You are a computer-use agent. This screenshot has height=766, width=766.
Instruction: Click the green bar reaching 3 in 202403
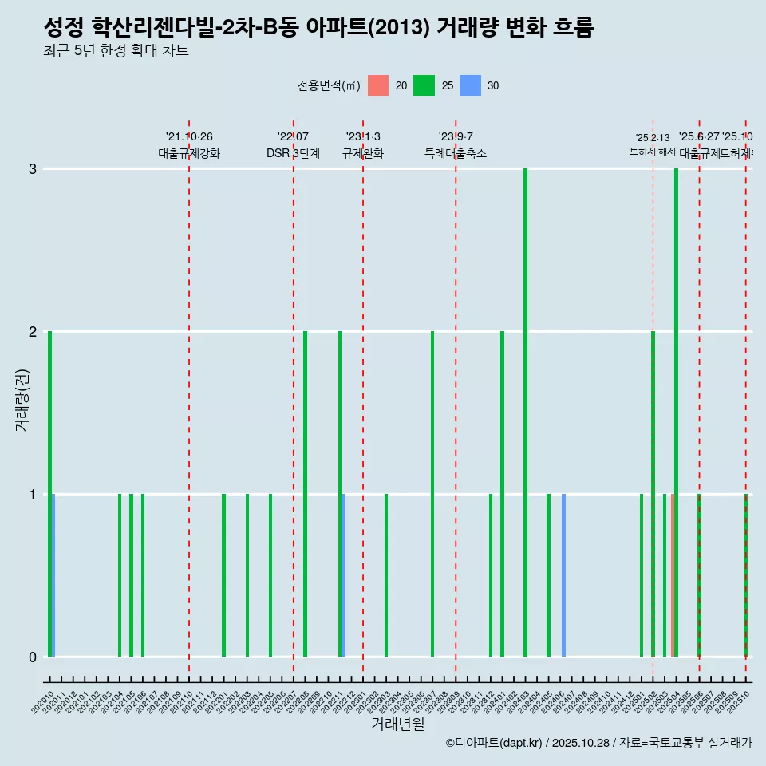525,413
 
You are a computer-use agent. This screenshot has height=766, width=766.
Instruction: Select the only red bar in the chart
673,575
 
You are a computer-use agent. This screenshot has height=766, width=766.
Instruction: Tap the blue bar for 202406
563,575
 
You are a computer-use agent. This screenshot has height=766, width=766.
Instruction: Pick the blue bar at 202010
53,575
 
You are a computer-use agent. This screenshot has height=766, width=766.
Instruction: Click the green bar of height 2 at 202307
432,494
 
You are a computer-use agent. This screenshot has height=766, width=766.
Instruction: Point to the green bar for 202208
305,494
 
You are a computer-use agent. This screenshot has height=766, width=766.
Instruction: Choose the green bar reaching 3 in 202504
677,413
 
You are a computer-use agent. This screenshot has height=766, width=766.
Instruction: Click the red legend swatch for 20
378,85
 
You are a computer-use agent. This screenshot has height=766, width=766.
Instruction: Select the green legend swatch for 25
424,85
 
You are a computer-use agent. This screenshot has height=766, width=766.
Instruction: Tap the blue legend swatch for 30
470,85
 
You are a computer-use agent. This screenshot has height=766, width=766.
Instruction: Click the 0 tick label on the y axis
33,657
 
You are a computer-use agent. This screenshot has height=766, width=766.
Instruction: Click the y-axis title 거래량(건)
22,400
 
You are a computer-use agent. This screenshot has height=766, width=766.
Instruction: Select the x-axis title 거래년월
397,724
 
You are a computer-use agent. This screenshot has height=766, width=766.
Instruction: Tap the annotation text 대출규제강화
189,154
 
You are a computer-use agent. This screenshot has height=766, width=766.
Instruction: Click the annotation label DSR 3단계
293,154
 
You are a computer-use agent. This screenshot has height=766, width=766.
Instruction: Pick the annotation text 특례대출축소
456,154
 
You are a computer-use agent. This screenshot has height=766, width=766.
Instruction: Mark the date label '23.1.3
363,137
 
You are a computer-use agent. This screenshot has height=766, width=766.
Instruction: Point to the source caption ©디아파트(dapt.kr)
493,743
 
